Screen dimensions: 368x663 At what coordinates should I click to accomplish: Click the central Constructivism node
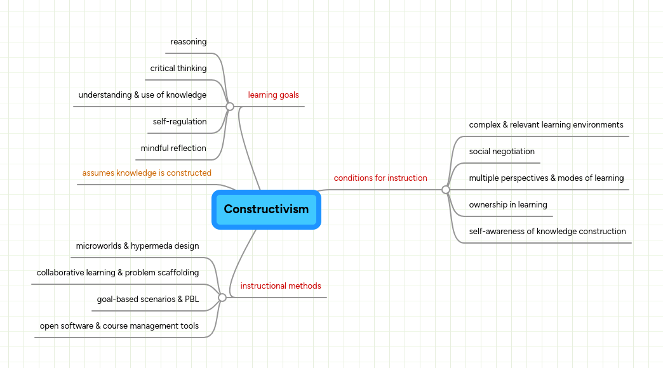pyautogui.click(x=266, y=209)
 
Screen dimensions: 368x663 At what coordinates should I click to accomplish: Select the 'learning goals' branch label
pyautogui.click(x=273, y=95)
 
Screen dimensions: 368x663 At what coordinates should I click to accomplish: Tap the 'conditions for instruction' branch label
pyautogui.click(x=380, y=178)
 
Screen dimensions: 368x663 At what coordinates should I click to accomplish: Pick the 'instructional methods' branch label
pyautogui.click(x=281, y=286)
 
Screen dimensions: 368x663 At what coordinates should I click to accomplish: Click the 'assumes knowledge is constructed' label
pyautogui.click(x=147, y=173)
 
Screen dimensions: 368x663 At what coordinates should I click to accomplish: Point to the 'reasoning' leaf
pyautogui.click(x=189, y=42)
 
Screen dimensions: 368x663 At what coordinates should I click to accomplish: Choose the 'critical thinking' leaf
pyautogui.click(x=178, y=69)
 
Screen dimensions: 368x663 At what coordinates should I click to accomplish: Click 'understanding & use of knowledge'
pyautogui.click(x=142, y=95)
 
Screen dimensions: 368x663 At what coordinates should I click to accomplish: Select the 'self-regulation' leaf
pyautogui.click(x=180, y=122)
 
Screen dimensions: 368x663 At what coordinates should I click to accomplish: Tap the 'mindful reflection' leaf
pyautogui.click(x=173, y=148)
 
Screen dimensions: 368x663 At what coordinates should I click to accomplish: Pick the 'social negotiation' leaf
pyautogui.click(x=502, y=152)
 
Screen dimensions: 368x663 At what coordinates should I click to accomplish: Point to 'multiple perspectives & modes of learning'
pyautogui.click(x=546, y=178)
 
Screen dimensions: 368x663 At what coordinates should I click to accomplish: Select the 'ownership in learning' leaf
pyautogui.click(x=508, y=205)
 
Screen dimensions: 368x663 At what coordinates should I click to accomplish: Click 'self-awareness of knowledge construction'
pyautogui.click(x=547, y=232)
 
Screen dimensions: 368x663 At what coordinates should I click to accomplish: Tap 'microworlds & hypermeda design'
pyautogui.click(x=137, y=246)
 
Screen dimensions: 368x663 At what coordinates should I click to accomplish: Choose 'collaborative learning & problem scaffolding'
pyautogui.click(x=117, y=273)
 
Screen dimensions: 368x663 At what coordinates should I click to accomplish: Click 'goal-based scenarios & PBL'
pyautogui.click(x=148, y=299)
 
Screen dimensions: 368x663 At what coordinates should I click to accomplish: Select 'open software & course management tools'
pyautogui.click(x=119, y=326)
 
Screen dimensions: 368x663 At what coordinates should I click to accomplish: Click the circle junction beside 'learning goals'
pyautogui.click(x=230, y=107)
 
